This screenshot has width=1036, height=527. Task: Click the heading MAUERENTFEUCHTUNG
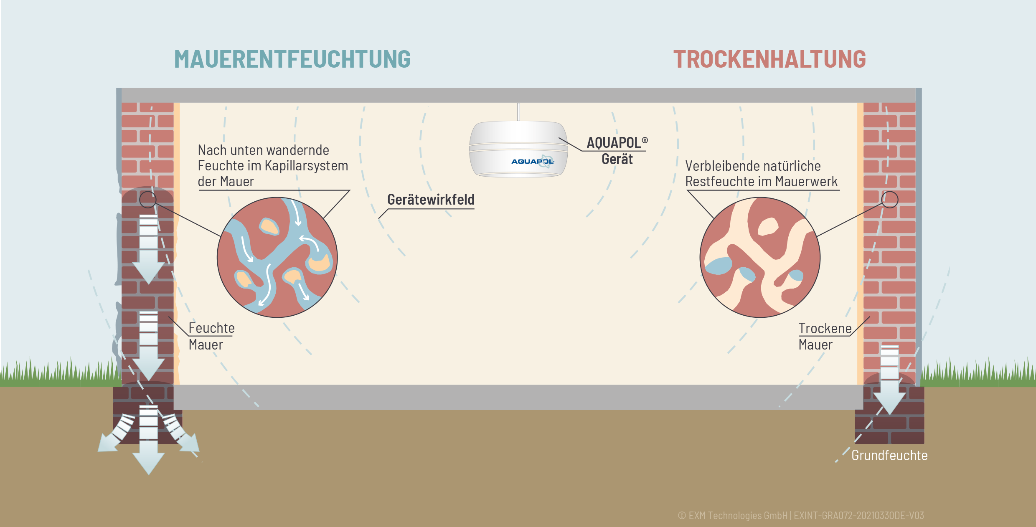coord(292,59)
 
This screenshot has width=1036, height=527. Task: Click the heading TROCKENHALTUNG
coord(769,59)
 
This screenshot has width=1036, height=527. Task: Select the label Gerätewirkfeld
coord(431,200)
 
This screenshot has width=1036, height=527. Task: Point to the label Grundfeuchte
coord(889,455)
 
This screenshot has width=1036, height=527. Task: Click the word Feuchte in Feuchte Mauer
coord(211,328)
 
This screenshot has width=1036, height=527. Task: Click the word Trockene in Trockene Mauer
coord(825,329)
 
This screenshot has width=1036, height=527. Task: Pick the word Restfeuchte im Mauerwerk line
coord(761,182)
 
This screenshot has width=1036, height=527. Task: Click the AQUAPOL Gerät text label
coord(617,151)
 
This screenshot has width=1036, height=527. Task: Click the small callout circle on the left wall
coord(147,200)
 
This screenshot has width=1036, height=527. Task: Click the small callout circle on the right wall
coord(890,200)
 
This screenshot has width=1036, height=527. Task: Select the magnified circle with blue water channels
coord(277,257)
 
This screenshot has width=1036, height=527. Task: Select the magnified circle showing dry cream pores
coord(760,257)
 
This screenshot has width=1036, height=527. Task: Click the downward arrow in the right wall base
coord(890,380)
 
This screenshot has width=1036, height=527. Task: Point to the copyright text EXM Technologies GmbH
coord(738,516)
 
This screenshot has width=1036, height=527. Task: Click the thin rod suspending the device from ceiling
coord(518,112)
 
